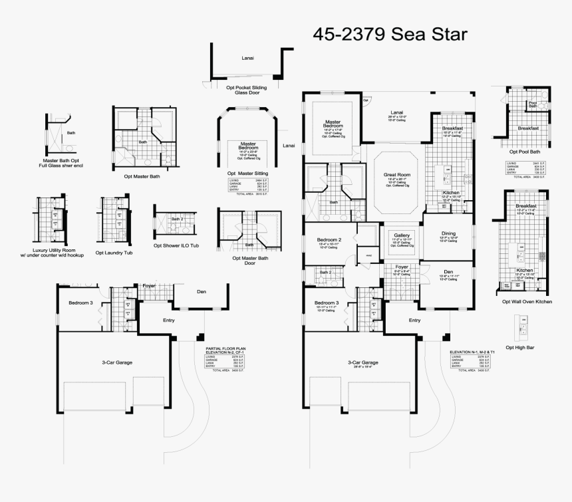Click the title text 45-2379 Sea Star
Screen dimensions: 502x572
(390, 33)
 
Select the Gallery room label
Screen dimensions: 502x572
(402, 235)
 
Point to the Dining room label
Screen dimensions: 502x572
(449, 233)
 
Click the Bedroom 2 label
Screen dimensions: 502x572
(329, 239)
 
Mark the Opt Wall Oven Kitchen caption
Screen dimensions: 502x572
(527, 301)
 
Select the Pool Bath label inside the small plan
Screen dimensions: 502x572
(533, 104)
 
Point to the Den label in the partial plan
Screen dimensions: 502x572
(202, 291)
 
